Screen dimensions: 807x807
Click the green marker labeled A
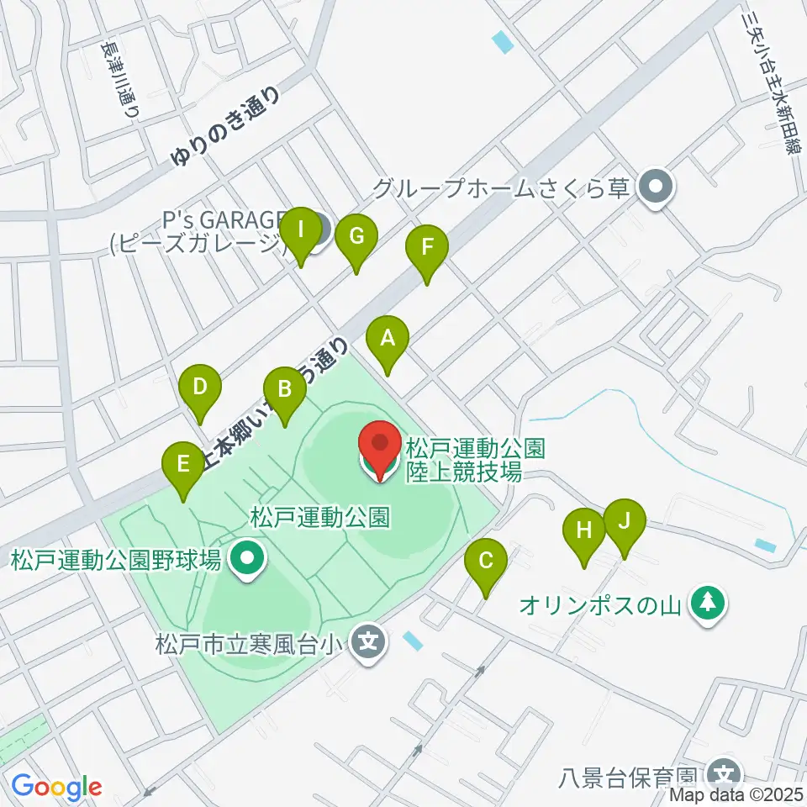coord(388,340)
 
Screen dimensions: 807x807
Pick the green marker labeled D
coord(200,388)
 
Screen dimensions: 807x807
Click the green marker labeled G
coord(356,238)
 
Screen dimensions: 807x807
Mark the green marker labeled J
coord(624,520)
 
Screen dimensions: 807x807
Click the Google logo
coord(56,787)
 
